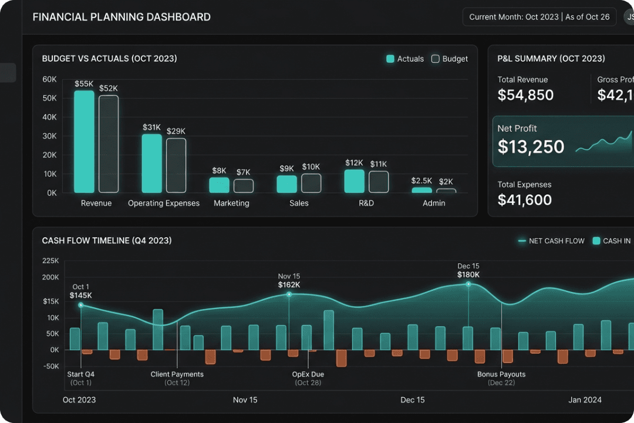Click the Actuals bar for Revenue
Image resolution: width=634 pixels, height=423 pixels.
(x=84, y=142)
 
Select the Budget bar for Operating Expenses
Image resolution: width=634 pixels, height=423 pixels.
(x=176, y=166)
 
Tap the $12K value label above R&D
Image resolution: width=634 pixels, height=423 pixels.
(x=354, y=163)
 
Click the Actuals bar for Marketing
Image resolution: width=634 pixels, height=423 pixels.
(x=219, y=185)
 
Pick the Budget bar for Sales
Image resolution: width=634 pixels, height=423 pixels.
(x=311, y=183)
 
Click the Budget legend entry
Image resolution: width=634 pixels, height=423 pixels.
(x=450, y=59)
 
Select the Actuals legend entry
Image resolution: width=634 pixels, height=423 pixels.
(x=405, y=59)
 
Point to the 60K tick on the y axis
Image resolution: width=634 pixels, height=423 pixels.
(x=50, y=79)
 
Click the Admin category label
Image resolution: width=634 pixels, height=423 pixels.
(x=434, y=203)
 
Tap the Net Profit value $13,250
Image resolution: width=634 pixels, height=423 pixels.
(x=531, y=147)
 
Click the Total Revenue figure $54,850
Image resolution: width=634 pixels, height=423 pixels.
(x=525, y=95)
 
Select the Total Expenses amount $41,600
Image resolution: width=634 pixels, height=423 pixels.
(x=524, y=200)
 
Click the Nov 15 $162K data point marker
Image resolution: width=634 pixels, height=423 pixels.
(x=289, y=294)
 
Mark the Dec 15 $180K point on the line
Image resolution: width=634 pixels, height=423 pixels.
(x=468, y=284)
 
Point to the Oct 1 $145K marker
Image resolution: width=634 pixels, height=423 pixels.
(x=81, y=305)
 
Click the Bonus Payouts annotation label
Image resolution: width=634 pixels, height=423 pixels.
(x=501, y=374)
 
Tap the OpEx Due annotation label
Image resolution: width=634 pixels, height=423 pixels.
(x=308, y=374)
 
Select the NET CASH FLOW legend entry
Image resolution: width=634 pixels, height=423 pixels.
(x=551, y=241)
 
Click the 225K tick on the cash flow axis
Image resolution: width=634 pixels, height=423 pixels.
(x=50, y=261)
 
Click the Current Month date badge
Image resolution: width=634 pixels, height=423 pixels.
(x=539, y=17)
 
